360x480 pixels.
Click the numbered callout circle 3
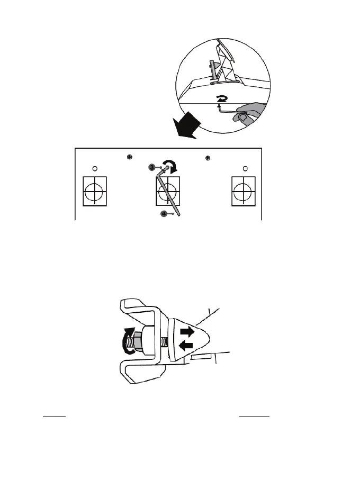pos(151,167)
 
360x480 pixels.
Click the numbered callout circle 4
pos(165,214)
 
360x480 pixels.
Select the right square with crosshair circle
pos(245,191)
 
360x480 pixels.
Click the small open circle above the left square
pos(94,169)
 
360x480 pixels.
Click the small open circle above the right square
pos(245,169)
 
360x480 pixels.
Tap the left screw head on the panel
pos(130,157)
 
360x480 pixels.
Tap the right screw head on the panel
pos(208,157)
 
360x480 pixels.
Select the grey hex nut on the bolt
pos(136,339)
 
